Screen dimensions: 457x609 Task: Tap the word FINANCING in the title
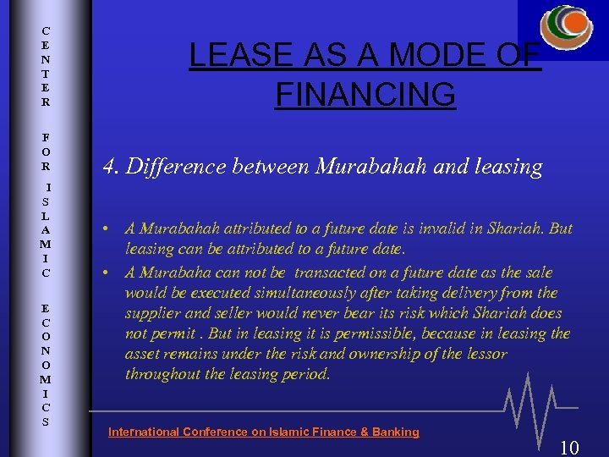point(365,95)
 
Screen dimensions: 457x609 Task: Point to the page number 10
point(569,447)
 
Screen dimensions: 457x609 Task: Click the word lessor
point(486,354)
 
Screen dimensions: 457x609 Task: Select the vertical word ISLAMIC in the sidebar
point(47,229)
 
